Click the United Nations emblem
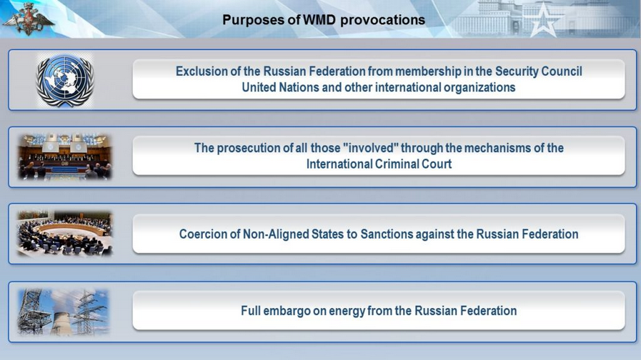tap(65, 80)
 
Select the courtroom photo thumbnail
tap(64, 156)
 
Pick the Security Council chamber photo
tap(64, 233)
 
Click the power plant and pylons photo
tap(63, 311)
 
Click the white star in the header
tap(543, 20)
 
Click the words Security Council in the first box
tap(538, 71)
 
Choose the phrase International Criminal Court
tap(379, 164)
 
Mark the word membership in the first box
tap(427, 71)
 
